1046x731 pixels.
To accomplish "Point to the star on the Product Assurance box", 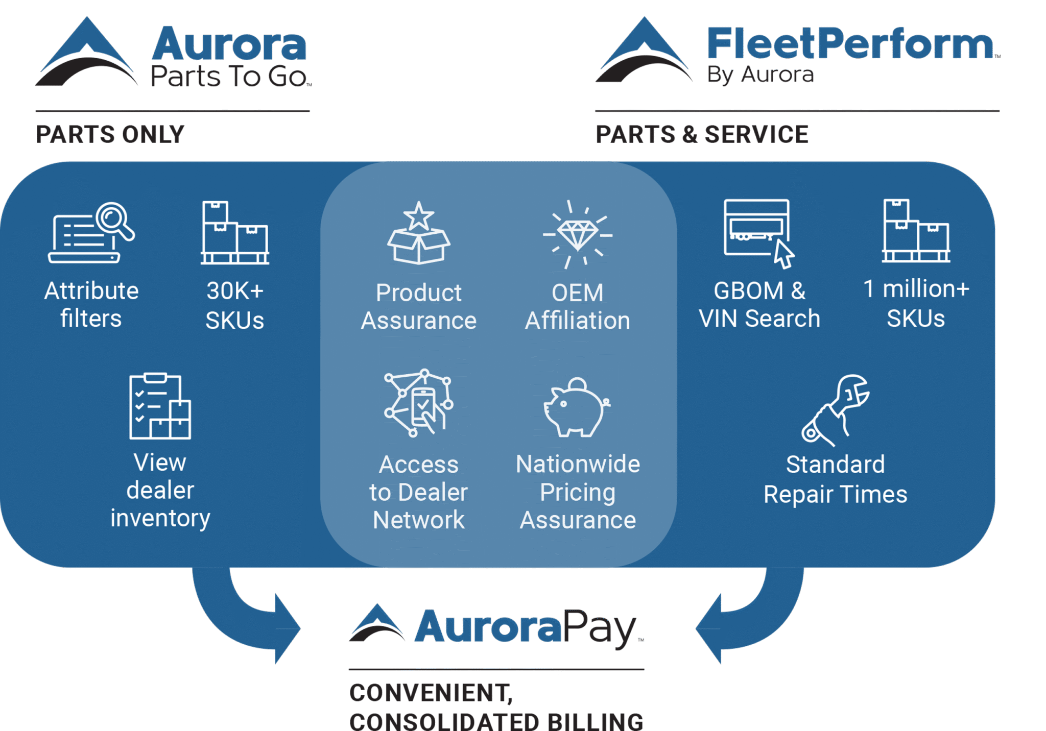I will click(419, 216).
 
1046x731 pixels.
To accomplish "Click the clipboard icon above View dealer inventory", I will click(160, 406).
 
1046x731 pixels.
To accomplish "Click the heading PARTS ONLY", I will click(110, 135).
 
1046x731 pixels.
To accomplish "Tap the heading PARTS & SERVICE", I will click(702, 135).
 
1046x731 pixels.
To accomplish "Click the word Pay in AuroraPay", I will click(600, 627).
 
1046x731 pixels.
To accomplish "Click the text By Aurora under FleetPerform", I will click(760, 75).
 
